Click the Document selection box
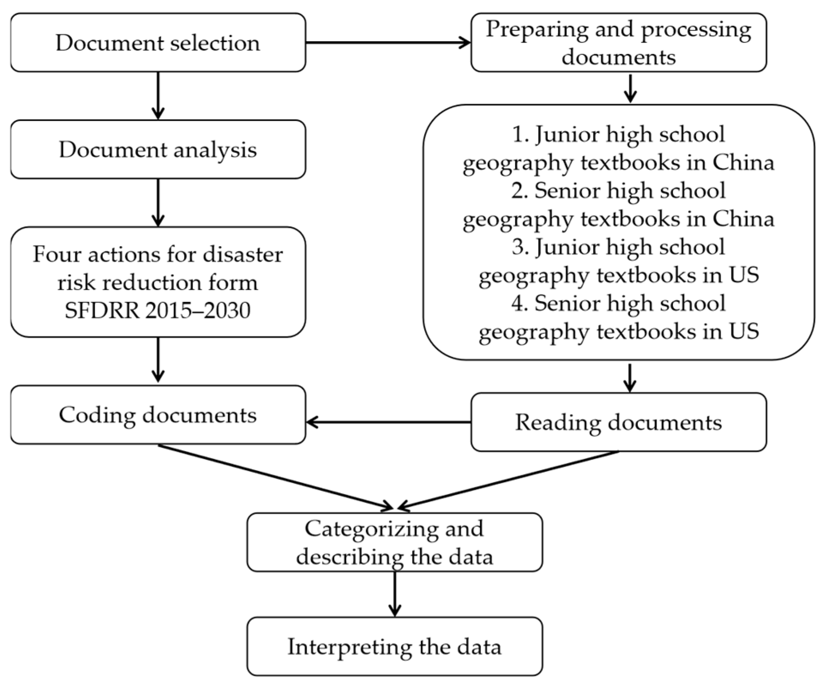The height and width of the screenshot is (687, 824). point(158,42)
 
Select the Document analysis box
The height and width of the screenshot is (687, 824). point(158,149)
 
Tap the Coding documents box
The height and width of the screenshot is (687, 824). point(158,415)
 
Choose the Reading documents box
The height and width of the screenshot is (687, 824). point(618,422)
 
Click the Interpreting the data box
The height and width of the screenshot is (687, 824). point(394,646)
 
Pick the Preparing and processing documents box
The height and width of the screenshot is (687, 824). point(618,42)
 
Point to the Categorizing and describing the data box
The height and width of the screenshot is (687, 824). point(394,542)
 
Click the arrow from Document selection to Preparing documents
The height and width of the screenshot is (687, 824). point(388,42)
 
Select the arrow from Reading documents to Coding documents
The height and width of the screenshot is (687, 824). point(388,422)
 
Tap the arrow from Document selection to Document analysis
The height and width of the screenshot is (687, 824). point(158,95)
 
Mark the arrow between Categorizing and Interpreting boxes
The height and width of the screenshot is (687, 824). point(394,594)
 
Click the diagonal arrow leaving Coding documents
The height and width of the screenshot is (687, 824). point(274,477)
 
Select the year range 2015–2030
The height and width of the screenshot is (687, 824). point(198,310)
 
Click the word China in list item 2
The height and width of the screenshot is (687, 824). point(743,219)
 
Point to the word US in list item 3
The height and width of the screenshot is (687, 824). point(743,275)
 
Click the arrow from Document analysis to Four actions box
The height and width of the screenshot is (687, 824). point(158,202)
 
